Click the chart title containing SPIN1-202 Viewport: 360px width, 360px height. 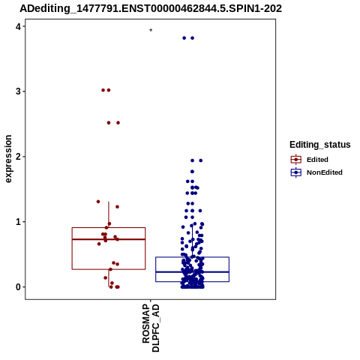[151, 8]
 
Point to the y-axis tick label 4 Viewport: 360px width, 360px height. [18, 26]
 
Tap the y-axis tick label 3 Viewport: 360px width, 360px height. [18, 91]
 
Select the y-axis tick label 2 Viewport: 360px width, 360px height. [18, 157]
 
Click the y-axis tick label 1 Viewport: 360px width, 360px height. [18, 222]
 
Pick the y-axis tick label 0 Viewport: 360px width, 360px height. [18, 287]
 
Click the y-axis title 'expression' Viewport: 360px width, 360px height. [8, 159]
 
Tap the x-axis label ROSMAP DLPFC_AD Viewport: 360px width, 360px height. [151, 328]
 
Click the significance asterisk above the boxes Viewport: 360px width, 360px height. [151, 30]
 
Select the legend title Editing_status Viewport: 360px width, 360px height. [320, 145]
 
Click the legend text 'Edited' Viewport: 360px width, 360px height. [317, 160]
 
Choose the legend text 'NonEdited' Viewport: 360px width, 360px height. [325, 172]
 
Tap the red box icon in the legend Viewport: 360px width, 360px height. [296, 160]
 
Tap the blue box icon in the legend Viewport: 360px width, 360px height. [296, 172]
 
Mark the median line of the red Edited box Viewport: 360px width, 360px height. [109, 239]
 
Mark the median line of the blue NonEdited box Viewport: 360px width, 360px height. [192, 271]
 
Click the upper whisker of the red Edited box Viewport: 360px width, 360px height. [109, 214]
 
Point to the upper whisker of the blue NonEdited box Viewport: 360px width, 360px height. [192, 241]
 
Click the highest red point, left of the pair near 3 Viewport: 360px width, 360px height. [103, 90]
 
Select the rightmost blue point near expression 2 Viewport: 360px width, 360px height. [200, 160]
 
